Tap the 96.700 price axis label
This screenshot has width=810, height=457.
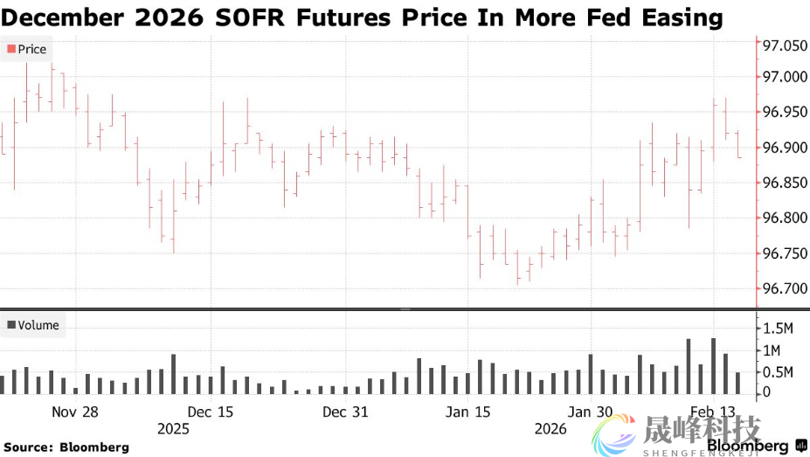[784, 288]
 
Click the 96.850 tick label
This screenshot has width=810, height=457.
[784, 183]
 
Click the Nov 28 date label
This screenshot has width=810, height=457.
[75, 412]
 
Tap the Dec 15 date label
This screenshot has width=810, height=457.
[211, 412]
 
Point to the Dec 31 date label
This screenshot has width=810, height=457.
[345, 412]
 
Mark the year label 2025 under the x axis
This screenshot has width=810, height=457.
[173, 429]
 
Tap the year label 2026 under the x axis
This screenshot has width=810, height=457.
[550, 429]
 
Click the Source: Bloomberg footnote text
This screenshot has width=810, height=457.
[66, 447]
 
